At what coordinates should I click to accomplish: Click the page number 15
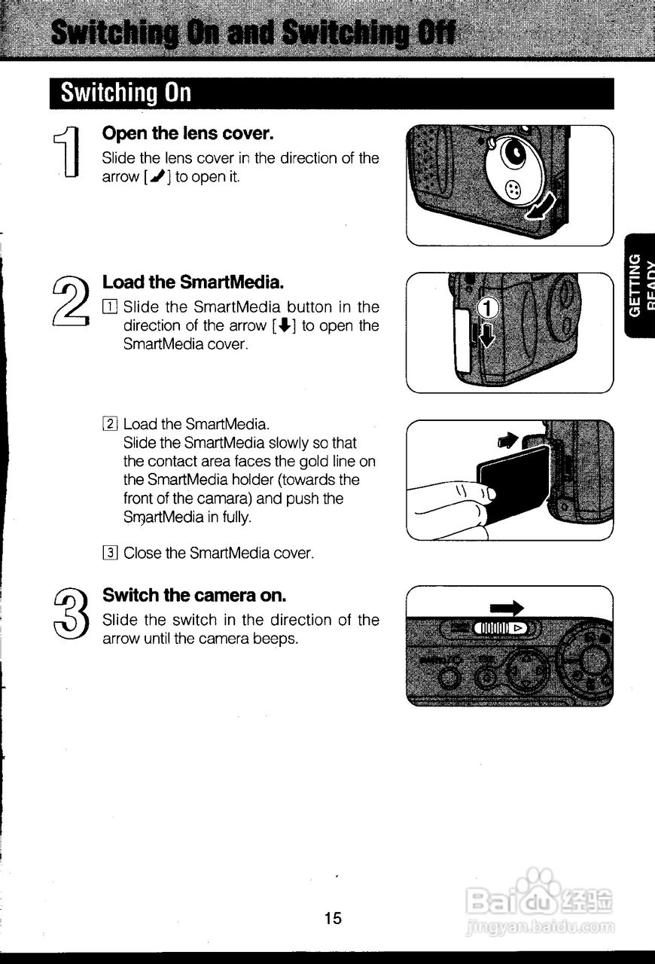(333, 918)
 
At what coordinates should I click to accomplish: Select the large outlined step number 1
(67, 151)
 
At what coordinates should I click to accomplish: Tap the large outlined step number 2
(71, 300)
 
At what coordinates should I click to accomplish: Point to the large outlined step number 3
(72, 613)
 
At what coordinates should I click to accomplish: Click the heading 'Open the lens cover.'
(187, 133)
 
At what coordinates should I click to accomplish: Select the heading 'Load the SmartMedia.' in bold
(193, 282)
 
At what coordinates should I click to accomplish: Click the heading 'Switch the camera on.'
(194, 595)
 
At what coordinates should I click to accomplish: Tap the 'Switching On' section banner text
(126, 93)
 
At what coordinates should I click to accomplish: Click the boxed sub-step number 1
(110, 307)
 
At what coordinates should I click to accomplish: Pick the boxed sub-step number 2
(110, 424)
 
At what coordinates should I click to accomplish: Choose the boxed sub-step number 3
(110, 553)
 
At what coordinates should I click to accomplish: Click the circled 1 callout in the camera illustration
(488, 308)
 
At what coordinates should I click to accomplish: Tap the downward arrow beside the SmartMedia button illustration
(487, 335)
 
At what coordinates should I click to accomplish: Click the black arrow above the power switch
(507, 608)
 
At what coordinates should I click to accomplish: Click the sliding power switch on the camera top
(501, 628)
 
